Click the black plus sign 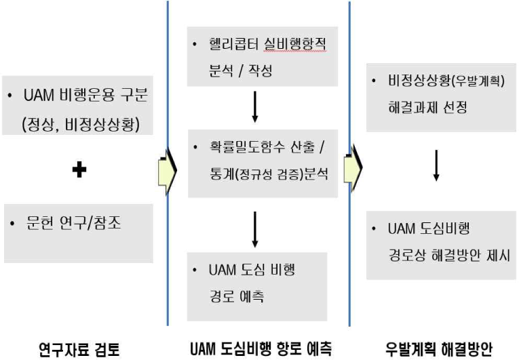pyautogui.click(x=79, y=169)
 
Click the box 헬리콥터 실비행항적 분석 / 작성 pyautogui.click(x=262, y=58)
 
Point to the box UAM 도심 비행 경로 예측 pyautogui.click(x=257, y=282)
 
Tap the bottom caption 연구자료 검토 pyautogui.click(x=80, y=348)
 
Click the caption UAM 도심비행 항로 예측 pyautogui.click(x=260, y=348)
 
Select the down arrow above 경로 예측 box pyautogui.click(x=254, y=228)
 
